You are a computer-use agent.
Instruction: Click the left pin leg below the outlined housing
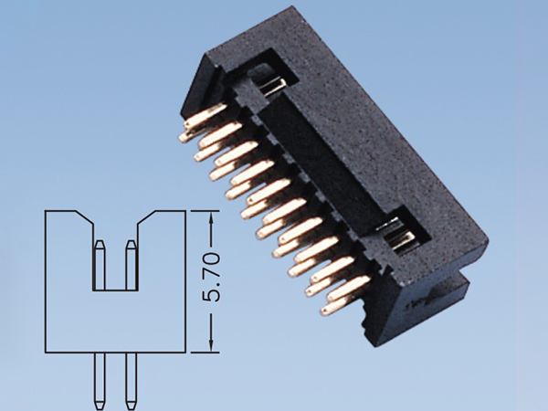(100, 379)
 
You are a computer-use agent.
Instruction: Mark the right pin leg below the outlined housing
(130, 379)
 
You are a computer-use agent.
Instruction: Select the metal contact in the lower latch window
(402, 241)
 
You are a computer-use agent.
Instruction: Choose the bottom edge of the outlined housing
(115, 351)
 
